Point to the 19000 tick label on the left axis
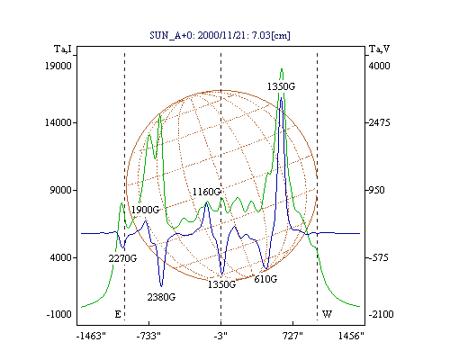pos(58,66)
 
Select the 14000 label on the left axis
pos(58,122)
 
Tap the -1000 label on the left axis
pos(59,314)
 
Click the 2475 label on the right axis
pos(380,122)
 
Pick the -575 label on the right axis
pos(379,257)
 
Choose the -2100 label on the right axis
pos(381,314)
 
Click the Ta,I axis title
pos(63,49)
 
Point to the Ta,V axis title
pos(379,49)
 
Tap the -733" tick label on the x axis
pos(148,336)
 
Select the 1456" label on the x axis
pos(351,336)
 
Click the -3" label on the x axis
pos(220,336)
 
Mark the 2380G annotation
pos(161,297)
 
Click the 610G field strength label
pos(265,279)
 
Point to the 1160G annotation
pos(207,192)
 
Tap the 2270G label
pos(122,258)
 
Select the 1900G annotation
pos(146,210)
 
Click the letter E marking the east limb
pos(118,314)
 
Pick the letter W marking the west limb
pos(327,314)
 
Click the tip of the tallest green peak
pos(282,69)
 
